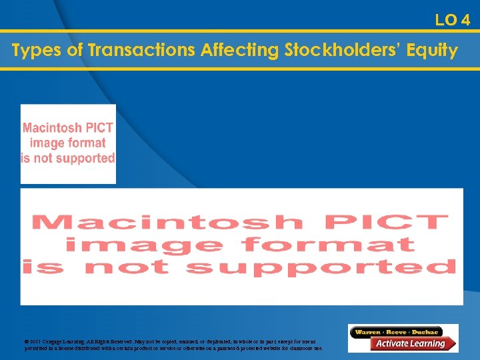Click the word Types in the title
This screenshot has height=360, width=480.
(x=33, y=51)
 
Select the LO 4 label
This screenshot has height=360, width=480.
(x=453, y=20)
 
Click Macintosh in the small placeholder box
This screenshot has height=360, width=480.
(x=53, y=128)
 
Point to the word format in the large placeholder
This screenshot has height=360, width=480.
(x=329, y=244)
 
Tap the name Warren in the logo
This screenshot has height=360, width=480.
(x=368, y=331)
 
